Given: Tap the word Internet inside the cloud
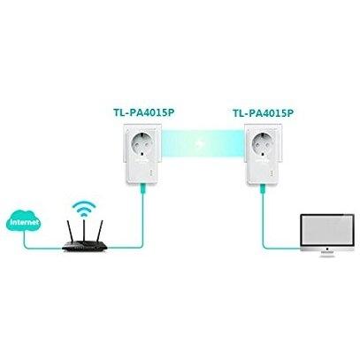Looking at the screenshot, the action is [x=24, y=222].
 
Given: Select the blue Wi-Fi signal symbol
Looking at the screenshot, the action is [x=84, y=209].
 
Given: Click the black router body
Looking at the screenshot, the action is [x=84, y=246].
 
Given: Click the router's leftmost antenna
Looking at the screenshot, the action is [x=69, y=231].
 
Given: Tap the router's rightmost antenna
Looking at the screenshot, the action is [x=99, y=231].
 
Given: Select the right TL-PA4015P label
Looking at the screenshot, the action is [x=264, y=113].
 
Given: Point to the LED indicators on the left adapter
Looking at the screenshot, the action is [x=151, y=172].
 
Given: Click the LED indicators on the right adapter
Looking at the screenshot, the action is [x=272, y=173].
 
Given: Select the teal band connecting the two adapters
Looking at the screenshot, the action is [x=203, y=143].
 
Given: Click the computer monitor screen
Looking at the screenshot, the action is [x=327, y=230].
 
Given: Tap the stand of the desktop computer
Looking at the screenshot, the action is [x=327, y=254].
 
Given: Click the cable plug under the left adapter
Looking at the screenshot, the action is [x=142, y=188].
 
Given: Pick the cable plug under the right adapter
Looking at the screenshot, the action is [x=263, y=189].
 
